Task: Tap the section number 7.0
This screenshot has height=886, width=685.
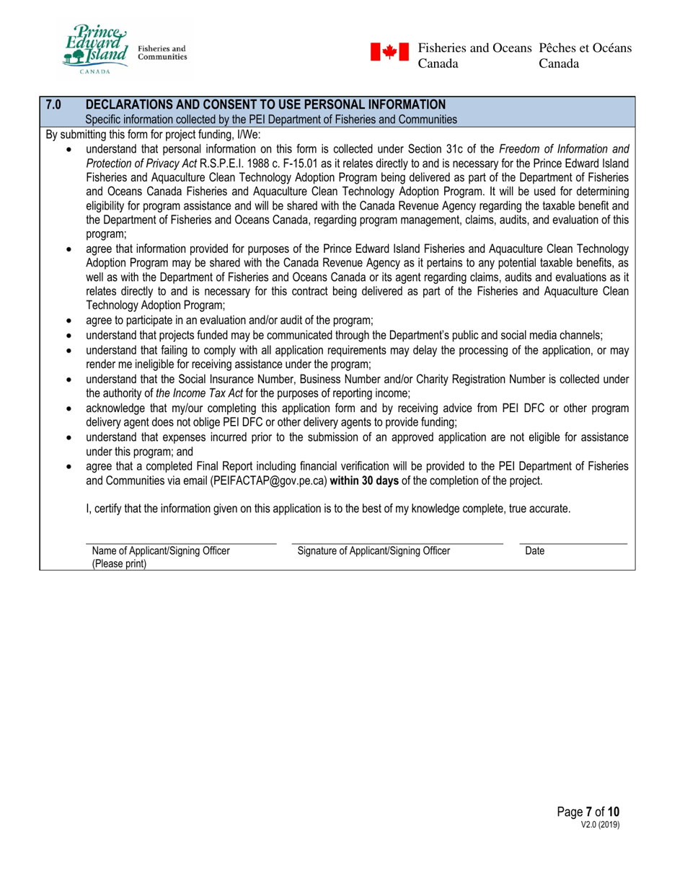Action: tap(53, 105)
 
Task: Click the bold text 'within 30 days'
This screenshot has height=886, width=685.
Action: tap(365, 480)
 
